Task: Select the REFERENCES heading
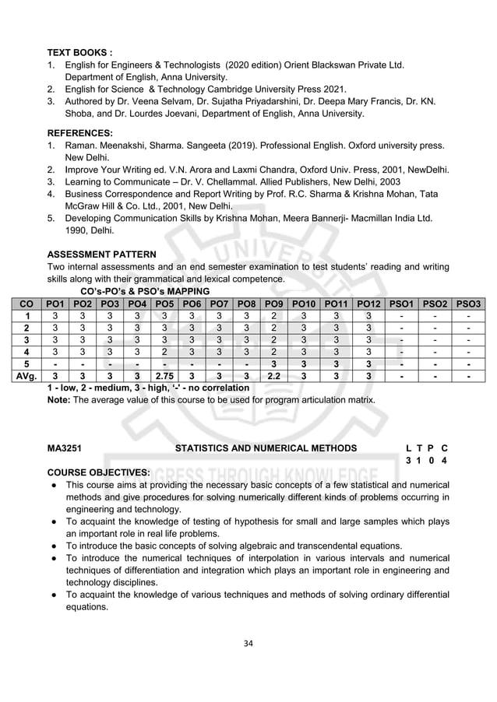(80, 132)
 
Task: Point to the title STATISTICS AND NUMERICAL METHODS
(266, 448)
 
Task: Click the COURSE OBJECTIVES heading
(99, 472)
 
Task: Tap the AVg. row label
(27, 377)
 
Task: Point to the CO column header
(27, 303)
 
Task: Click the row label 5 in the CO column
(27, 365)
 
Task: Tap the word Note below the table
(58, 400)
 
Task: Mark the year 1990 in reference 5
(78, 230)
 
